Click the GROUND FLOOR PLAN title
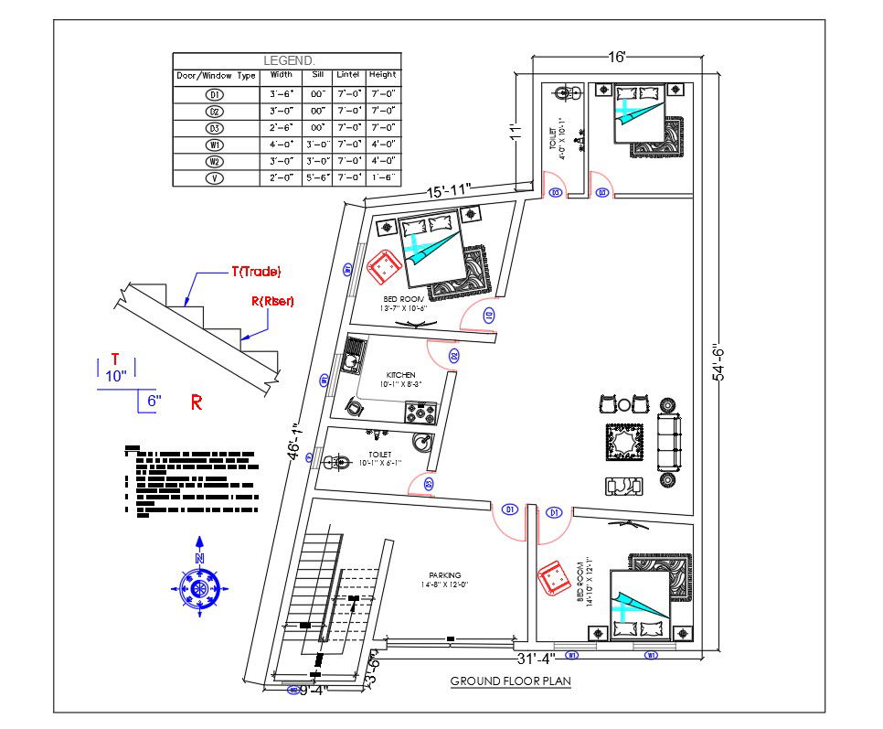pyautogui.click(x=510, y=681)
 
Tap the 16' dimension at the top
pyautogui.click(x=617, y=57)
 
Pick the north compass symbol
pyautogui.click(x=199, y=586)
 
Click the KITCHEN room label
pyautogui.click(x=400, y=375)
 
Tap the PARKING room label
pyautogui.click(x=444, y=575)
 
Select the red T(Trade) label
pyautogui.click(x=255, y=272)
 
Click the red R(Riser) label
pyautogui.click(x=272, y=301)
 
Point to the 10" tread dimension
pyautogui.click(x=115, y=375)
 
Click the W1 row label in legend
pyautogui.click(x=215, y=145)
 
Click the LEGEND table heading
pyautogui.click(x=287, y=60)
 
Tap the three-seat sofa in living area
pyautogui.click(x=669, y=442)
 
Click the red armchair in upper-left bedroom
pyautogui.click(x=383, y=267)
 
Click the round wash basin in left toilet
pyautogui.click(x=421, y=446)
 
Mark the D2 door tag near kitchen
pyautogui.click(x=454, y=355)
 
